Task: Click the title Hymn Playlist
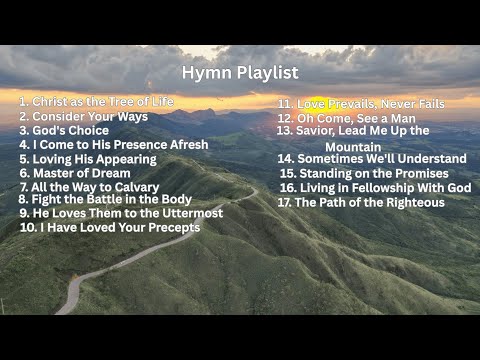240,73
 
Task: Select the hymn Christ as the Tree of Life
96,101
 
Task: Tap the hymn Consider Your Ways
83,116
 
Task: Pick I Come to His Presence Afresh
114,144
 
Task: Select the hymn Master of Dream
77,172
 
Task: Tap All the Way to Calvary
89,187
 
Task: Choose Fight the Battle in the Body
105,199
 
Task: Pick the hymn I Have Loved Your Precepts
110,227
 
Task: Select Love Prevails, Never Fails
361,103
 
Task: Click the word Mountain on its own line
353,146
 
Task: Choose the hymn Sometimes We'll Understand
372,158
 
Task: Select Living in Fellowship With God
375,187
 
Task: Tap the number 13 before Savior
284,130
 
